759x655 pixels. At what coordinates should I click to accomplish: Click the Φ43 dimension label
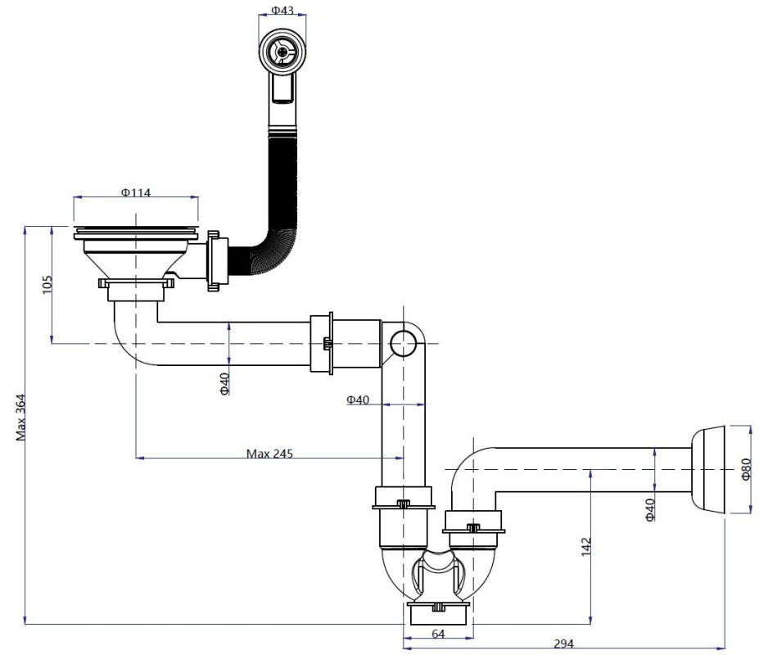(282, 10)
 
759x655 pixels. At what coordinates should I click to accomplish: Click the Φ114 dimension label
(136, 192)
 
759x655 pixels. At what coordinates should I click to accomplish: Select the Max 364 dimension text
(20, 418)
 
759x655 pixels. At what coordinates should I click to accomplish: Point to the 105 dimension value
(47, 285)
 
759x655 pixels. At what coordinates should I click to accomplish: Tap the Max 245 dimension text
(269, 454)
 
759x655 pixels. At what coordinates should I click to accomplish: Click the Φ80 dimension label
(746, 469)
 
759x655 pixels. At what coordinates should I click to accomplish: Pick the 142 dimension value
(586, 547)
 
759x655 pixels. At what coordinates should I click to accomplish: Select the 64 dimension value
(437, 634)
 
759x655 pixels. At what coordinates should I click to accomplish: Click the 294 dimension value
(563, 644)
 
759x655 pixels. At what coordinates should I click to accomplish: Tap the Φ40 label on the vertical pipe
(358, 400)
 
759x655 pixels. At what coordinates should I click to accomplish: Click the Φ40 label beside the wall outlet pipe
(650, 509)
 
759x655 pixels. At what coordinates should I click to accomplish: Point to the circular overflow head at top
(282, 51)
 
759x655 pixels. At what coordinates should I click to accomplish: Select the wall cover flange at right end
(707, 470)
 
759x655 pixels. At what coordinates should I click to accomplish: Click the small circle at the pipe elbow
(403, 344)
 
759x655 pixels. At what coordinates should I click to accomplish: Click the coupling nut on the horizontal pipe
(322, 343)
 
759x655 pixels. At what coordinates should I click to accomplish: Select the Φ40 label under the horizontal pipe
(224, 384)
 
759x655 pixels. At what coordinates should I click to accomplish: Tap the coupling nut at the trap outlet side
(474, 527)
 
